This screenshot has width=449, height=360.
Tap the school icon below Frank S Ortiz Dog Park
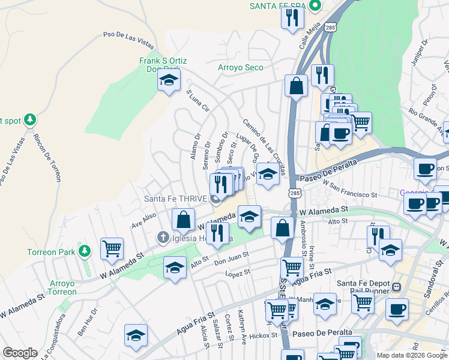(x=169, y=81)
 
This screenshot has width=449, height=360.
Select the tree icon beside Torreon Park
(x=85, y=250)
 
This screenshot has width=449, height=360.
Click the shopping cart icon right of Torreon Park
(x=112, y=248)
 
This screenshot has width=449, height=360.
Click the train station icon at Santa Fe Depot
(x=396, y=288)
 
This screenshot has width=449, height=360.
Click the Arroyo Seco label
(x=240, y=67)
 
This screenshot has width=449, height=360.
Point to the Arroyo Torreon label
(x=63, y=287)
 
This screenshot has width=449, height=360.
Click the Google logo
(x=20, y=352)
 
